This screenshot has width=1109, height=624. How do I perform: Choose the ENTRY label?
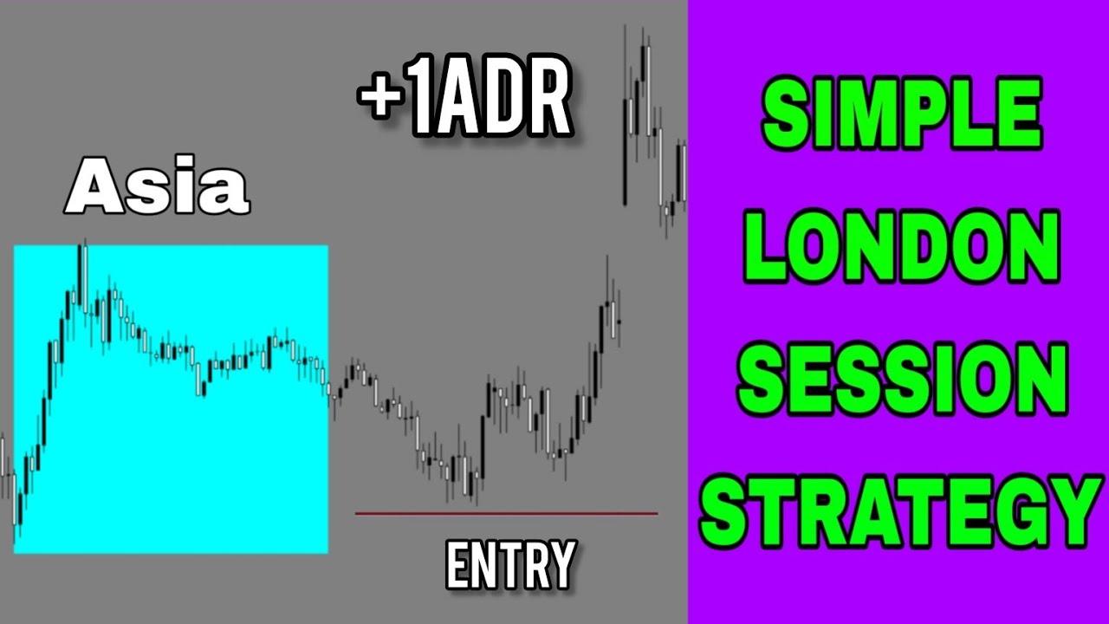[x=511, y=564]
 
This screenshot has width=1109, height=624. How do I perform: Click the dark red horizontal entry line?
[x=506, y=514]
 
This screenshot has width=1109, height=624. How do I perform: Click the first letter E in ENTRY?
[x=458, y=564]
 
